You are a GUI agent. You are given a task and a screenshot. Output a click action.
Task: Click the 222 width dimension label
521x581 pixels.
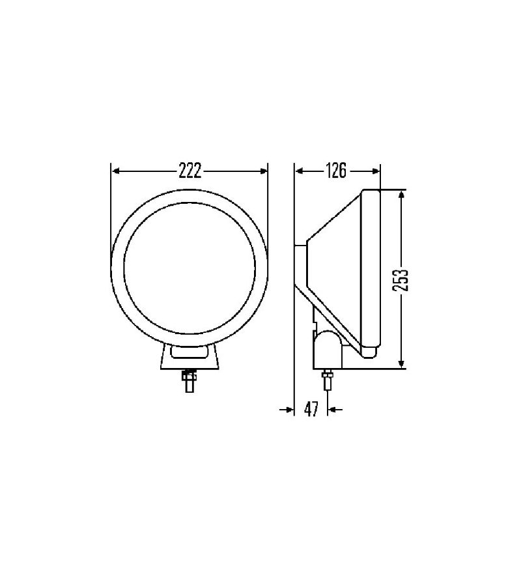pos(190,171)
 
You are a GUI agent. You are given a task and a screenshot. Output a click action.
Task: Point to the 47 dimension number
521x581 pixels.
pos(311,409)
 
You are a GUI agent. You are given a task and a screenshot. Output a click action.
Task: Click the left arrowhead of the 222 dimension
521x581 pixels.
pos(117,171)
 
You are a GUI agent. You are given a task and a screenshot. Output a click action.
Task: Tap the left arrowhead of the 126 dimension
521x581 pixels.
pos(300,171)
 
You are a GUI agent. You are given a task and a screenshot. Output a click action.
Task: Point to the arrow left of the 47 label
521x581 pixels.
pos(288,409)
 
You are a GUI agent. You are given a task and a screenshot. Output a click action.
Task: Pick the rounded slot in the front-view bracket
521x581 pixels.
pos(190,353)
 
